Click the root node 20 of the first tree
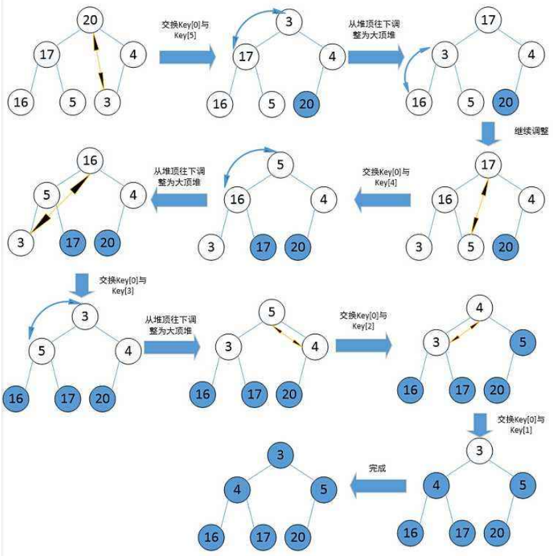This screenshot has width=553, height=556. [x=90, y=19]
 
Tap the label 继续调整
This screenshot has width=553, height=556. [x=531, y=131]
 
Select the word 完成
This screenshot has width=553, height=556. [x=377, y=468]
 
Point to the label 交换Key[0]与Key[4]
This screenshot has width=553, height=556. [x=386, y=176]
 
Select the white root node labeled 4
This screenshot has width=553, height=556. [x=479, y=309]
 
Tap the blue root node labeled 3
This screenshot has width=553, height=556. [x=280, y=455]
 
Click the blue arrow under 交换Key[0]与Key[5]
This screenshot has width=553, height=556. [x=188, y=57]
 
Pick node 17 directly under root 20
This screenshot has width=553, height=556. [x=46, y=55]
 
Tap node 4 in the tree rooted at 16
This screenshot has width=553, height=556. [x=133, y=196]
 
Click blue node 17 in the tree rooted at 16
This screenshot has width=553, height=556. [x=72, y=243]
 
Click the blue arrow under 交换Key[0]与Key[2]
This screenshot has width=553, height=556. [x=363, y=345]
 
